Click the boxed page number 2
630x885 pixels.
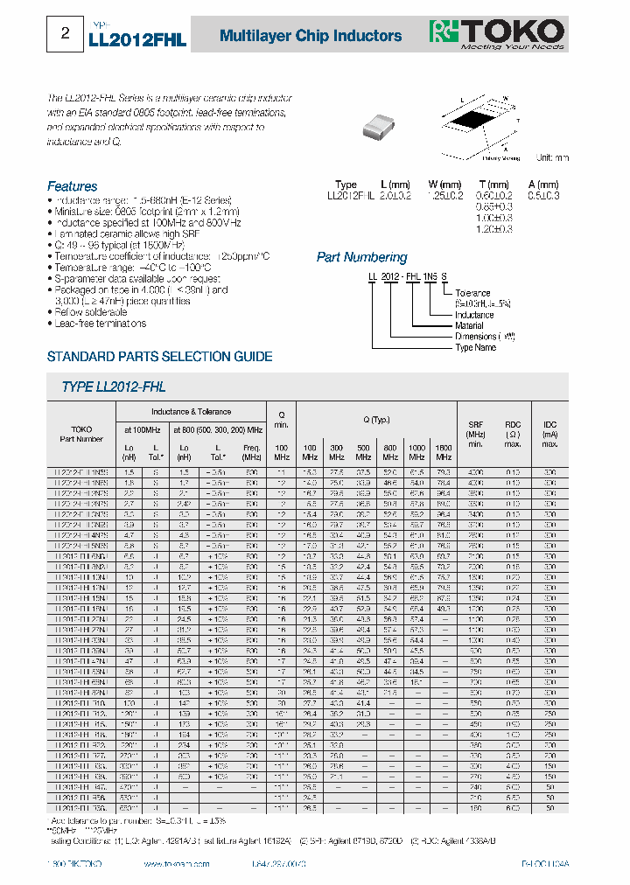[64, 34]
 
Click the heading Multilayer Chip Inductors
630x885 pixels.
[310, 36]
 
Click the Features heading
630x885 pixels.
[72, 186]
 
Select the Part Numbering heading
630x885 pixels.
[361, 257]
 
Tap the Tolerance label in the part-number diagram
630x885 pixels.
[472, 293]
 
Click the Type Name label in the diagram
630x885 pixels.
[475, 347]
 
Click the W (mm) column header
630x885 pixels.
[444, 185]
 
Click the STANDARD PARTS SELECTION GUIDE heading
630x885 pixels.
[159, 357]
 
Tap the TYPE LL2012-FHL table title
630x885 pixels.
[114, 387]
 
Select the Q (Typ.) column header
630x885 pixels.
[377, 420]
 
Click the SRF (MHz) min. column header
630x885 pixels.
[476, 434]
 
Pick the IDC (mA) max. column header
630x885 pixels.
[549, 434]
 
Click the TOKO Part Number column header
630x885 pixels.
[81, 434]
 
